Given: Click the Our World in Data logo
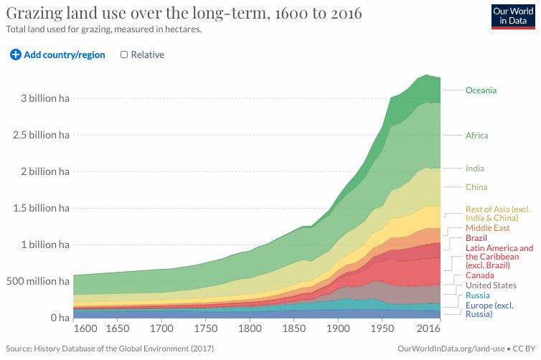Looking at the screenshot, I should coord(512,15).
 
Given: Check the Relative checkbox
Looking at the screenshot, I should coord(124,55).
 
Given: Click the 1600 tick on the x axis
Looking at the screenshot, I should coord(85,328).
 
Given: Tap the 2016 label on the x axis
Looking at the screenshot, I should coord(428,328).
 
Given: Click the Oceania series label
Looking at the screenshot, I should coord(481,90).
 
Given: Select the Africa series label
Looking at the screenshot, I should coord(476,136).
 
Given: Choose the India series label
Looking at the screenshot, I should coord(474,169).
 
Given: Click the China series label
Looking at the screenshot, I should coord(476,187).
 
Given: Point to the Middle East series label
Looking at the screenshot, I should coord(487,228).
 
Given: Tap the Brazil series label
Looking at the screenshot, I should coord(476,238).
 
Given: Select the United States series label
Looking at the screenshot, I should coord(491,285).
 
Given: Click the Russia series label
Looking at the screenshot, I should coord(478,295).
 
